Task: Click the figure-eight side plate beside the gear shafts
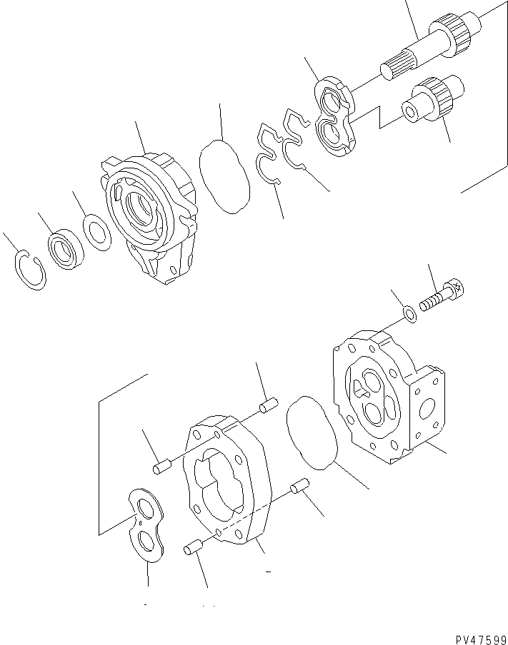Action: point(334,118)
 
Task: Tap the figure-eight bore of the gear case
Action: point(221,481)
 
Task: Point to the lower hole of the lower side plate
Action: point(148,544)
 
